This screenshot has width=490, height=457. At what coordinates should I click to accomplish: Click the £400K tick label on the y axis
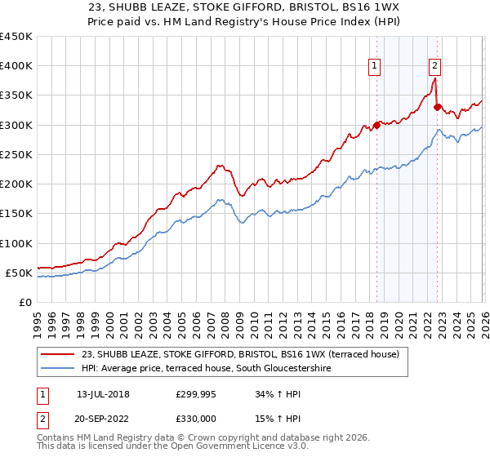[x=16, y=66]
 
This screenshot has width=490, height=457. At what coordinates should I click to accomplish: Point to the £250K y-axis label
[x=16, y=154]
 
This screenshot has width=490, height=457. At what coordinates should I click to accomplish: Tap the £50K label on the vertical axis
[x=20, y=273]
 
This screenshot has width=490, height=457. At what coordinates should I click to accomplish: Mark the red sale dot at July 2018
[x=376, y=125]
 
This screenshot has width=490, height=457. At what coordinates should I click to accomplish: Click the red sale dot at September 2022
[x=437, y=107]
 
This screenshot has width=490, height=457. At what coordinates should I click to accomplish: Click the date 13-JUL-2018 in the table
[x=103, y=394]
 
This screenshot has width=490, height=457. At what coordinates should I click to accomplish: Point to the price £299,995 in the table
[x=196, y=394]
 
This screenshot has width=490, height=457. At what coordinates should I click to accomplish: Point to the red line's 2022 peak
[x=434, y=78]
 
